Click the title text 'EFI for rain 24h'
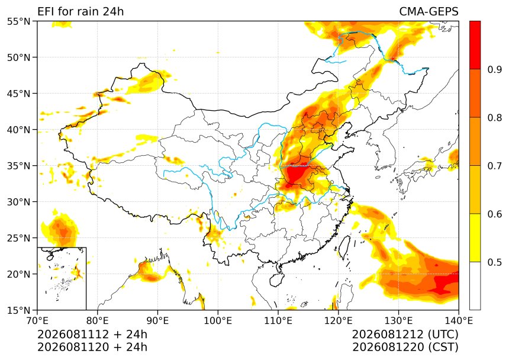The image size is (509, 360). (x=80, y=11)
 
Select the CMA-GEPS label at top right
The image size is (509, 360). (x=429, y=11)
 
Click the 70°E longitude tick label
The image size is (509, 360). (x=37, y=321)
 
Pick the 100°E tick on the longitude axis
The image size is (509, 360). (x=218, y=321)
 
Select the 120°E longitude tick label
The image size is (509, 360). (x=339, y=321)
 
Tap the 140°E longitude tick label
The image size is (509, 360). (x=458, y=321)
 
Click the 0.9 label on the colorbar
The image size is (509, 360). (x=494, y=69)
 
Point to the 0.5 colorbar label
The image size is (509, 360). (x=494, y=262)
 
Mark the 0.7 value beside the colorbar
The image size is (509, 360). (x=494, y=166)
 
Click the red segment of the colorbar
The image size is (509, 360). (x=475, y=45)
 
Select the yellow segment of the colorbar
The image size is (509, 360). (x=475, y=237)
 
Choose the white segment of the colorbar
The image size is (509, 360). (x=475, y=286)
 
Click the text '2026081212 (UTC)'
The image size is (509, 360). (x=405, y=335)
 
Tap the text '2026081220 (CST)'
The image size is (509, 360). (x=405, y=347)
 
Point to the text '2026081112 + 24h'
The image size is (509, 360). (x=92, y=335)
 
